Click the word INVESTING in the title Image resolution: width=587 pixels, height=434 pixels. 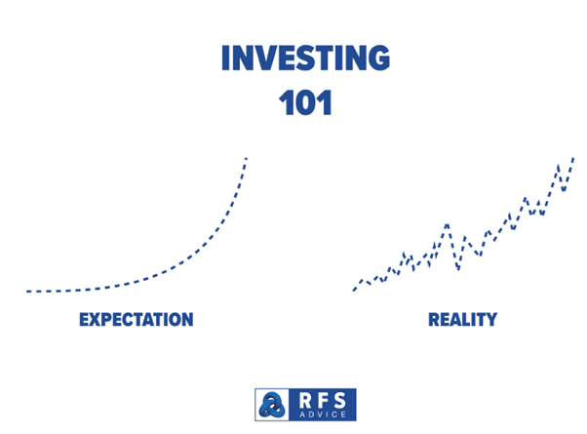tap(305, 58)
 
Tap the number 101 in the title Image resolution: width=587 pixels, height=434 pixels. tap(305, 102)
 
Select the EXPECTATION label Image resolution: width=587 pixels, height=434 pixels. tap(137, 320)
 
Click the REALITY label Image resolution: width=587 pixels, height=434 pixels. tap(463, 320)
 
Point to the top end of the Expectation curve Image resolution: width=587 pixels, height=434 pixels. tap(247, 158)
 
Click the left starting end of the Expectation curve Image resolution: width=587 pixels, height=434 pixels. tap(27, 291)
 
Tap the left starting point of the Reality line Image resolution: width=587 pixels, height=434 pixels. tap(353, 290)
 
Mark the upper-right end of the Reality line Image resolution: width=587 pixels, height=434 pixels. tap(573, 158)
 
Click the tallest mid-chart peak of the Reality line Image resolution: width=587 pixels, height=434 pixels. tap(447, 224)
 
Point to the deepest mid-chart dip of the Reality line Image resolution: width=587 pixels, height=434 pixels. tap(458, 269)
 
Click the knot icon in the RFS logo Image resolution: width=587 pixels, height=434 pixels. tap(272, 405)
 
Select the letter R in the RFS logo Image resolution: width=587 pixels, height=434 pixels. tap(305, 400)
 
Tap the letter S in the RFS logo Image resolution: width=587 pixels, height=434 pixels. tap(340, 400)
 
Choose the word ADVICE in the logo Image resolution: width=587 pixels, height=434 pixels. tap(323, 414)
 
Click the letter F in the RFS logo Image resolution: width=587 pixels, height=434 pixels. tap(323, 400)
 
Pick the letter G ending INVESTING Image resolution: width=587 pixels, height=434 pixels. tap(377, 58)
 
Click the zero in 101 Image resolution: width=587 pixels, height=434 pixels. tap(305, 102)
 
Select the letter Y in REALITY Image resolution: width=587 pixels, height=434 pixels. tap(491, 320)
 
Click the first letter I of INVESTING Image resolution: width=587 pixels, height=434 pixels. tap(225, 58)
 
